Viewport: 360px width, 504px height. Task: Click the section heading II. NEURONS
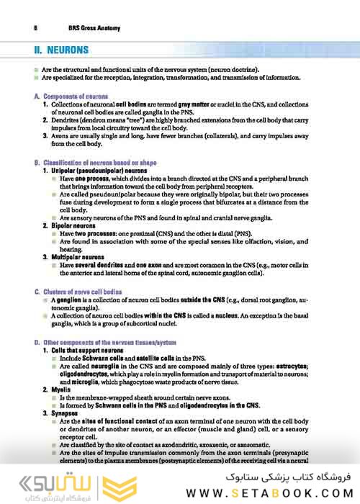tap(62, 50)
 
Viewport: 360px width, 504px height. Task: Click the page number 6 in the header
tap(35, 28)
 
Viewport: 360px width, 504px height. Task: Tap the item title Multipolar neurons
tap(77, 257)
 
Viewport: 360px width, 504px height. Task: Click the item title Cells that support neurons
tap(87, 350)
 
